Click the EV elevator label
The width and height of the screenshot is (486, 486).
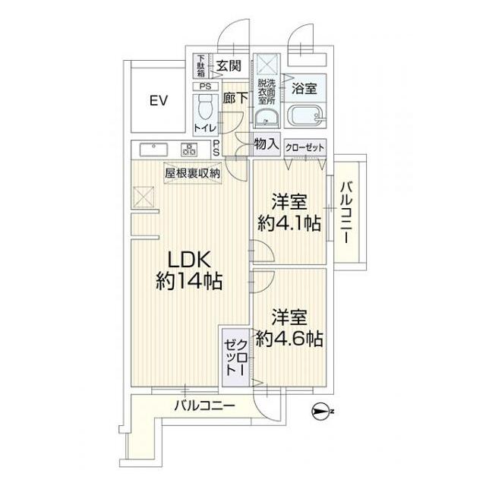(x=158, y=101)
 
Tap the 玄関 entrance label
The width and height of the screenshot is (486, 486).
(x=228, y=65)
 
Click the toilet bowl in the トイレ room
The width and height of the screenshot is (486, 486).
(x=204, y=109)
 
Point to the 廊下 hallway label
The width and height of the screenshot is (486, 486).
(x=235, y=97)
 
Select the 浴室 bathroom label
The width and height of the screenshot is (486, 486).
(x=305, y=88)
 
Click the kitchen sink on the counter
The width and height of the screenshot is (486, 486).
(x=150, y=147)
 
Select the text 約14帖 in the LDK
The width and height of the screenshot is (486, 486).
(x=189, y=282)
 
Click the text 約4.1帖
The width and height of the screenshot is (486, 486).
(x=289, y=223)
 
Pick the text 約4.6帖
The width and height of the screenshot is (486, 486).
(x=289, y=339)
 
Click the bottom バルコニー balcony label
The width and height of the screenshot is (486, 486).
(x=204, y=405)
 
